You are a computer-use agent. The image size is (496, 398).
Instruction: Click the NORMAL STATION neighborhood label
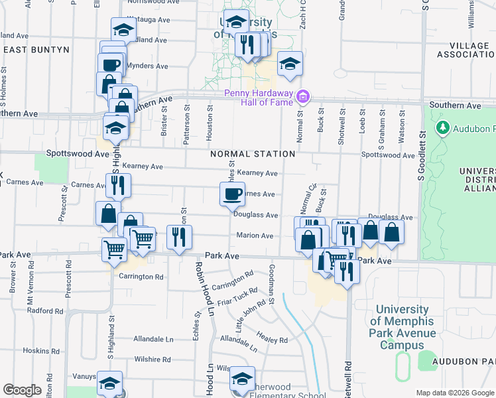click(253, 154)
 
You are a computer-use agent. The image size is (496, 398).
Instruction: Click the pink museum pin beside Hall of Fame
click(303, 98)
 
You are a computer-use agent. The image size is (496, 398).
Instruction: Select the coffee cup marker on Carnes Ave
click(232, 194)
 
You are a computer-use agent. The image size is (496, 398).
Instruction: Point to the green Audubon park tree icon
click(442, 127)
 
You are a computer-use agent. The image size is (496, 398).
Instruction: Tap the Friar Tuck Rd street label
click(241, 293)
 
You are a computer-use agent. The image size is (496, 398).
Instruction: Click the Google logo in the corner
click(23, 390)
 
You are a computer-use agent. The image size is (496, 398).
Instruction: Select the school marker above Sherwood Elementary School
click(242, 379)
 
